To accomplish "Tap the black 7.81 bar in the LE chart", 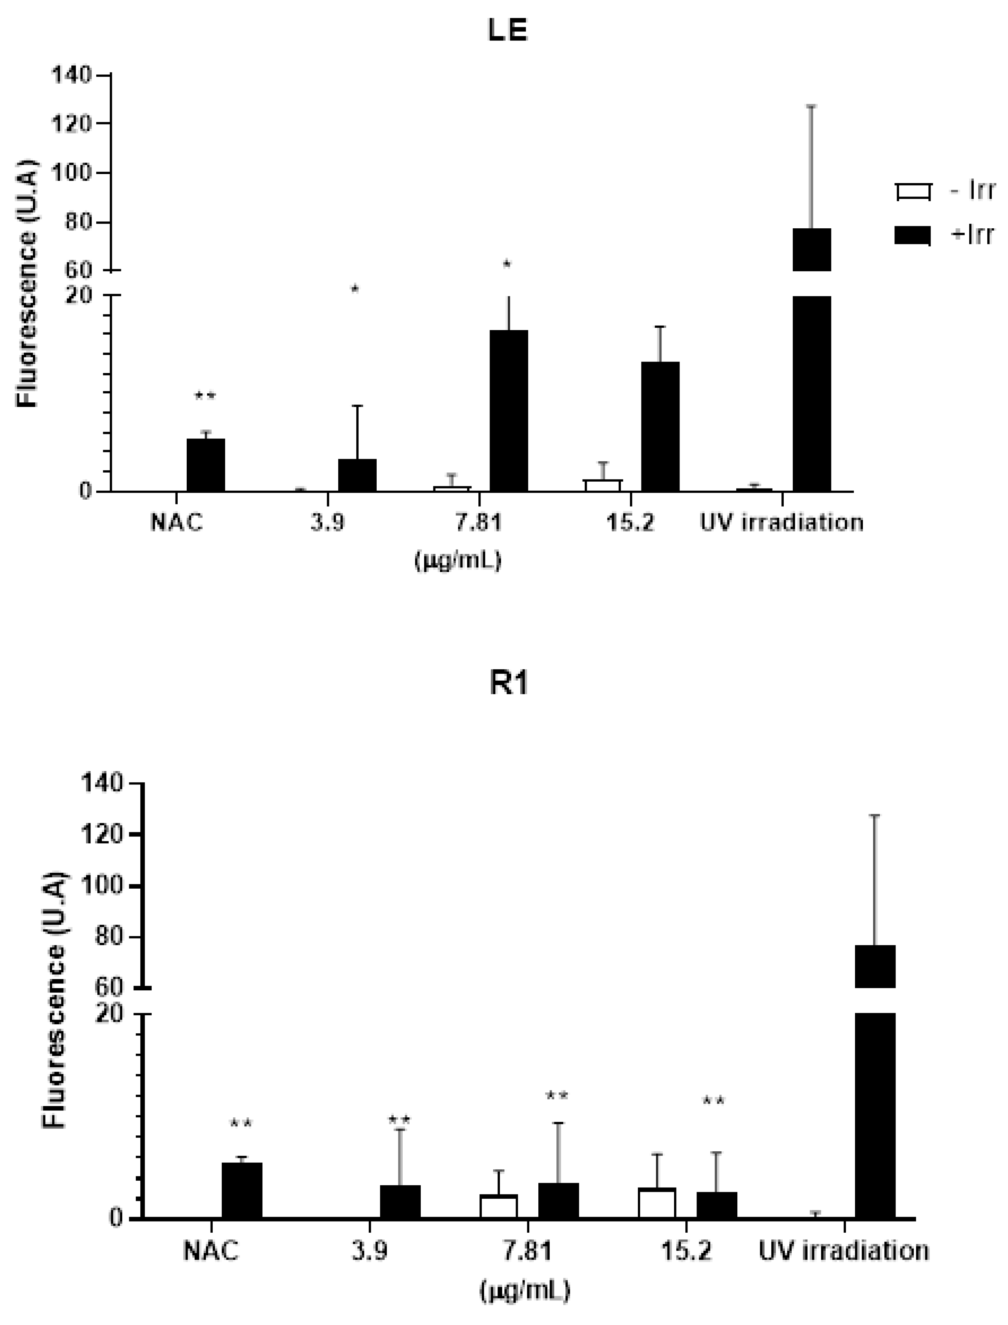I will click(x=509, y=411).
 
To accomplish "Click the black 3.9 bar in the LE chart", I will click(x=357, y=475).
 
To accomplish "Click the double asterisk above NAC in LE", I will click(x=205, y=396).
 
